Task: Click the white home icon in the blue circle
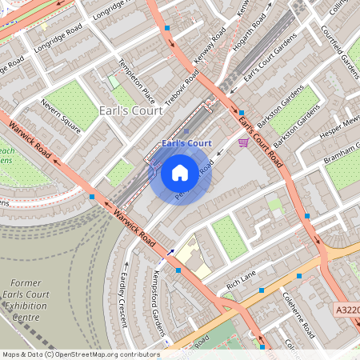[x=180, y=172]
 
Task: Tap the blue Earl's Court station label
[x=186, y=143]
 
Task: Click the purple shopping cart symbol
[x=242, y=142]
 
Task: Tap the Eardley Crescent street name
[x=123, y=299]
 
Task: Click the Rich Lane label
[x=241, y=279]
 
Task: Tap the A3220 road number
[x=346, y=307]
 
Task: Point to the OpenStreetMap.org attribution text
[x=80, y=354]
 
